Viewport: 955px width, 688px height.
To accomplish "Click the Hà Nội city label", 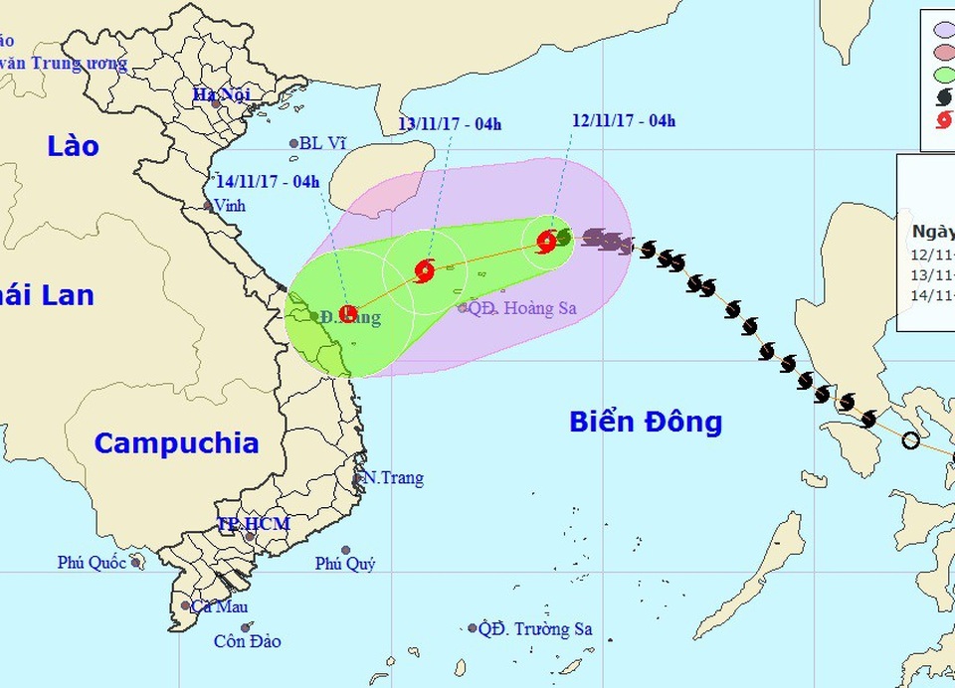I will click(x=220, y=94).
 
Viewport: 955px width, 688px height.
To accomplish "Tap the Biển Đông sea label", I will click(x=646, y=422).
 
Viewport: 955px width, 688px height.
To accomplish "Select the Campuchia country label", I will click(x=176, y=443).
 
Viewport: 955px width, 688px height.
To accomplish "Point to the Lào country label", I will click(x=74, y=146).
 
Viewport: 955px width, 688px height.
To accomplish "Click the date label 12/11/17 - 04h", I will click(x=624, y=121).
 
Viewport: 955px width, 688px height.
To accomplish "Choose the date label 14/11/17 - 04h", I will click(x=268, y=181).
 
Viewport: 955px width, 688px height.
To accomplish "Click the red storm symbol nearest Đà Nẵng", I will click(x=348, y=314).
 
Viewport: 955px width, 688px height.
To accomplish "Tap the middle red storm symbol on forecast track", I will click(x=425, y=269).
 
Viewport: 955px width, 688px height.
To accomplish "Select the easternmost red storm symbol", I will click(x=546, y=240).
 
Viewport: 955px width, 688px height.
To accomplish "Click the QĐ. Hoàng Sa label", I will click(x=522, y=308).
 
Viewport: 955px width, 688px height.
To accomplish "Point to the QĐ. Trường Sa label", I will click(x=535, y=629).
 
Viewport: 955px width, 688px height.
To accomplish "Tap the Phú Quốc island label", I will click(x=92, y=563).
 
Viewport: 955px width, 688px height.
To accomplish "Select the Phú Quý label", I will click(x=345, y=564).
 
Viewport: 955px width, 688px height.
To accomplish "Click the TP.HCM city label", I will click(x=254, y=524).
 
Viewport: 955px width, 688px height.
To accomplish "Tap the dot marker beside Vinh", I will click(x=208, y=206).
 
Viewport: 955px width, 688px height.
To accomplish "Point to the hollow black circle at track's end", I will click(x=910, y=440).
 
